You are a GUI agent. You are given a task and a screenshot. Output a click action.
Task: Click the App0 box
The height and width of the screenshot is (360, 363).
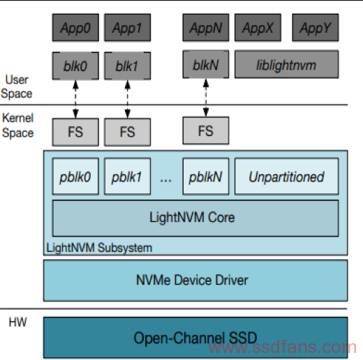coord(75,27)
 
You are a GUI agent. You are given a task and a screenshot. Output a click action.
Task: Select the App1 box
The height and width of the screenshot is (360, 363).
coord(128,27)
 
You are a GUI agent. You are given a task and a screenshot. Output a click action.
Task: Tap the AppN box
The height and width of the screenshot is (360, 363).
coord(206,27)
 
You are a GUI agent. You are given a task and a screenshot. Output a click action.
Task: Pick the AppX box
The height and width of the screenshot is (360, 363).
coord(258,27)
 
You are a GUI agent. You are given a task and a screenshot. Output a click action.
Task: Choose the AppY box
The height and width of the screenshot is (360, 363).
coord(316,27)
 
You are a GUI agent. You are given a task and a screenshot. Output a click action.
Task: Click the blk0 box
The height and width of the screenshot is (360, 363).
coord(75,66)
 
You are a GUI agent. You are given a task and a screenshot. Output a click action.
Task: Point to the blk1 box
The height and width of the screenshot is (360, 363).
coord(128,66)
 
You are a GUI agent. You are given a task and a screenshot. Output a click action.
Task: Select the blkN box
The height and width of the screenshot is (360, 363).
coord(206,64)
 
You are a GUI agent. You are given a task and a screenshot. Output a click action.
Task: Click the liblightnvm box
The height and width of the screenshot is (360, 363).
coord(286,64)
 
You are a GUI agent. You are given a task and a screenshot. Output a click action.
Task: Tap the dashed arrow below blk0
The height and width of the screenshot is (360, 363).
coord(75,99)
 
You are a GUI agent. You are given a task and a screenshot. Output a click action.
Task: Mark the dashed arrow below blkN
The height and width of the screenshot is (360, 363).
coord(206,98)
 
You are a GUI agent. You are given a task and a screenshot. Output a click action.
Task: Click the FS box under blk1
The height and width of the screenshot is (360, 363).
coord(128,132)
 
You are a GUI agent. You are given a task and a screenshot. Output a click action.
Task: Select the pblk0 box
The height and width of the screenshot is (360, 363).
coord(75,177)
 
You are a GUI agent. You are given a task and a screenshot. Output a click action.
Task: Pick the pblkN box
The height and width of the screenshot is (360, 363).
coord(206,177)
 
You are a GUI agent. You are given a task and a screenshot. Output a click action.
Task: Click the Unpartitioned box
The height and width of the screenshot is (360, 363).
coord(286,177)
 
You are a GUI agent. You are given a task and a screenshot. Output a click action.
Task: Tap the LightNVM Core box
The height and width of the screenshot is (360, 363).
coord(195,218)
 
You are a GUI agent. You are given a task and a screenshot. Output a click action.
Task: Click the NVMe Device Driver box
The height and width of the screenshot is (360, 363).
coord(195,280)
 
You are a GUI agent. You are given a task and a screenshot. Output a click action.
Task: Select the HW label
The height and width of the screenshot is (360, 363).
coord(17,322)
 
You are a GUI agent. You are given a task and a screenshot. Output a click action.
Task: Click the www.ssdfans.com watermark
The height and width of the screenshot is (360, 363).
coord(282,347)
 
